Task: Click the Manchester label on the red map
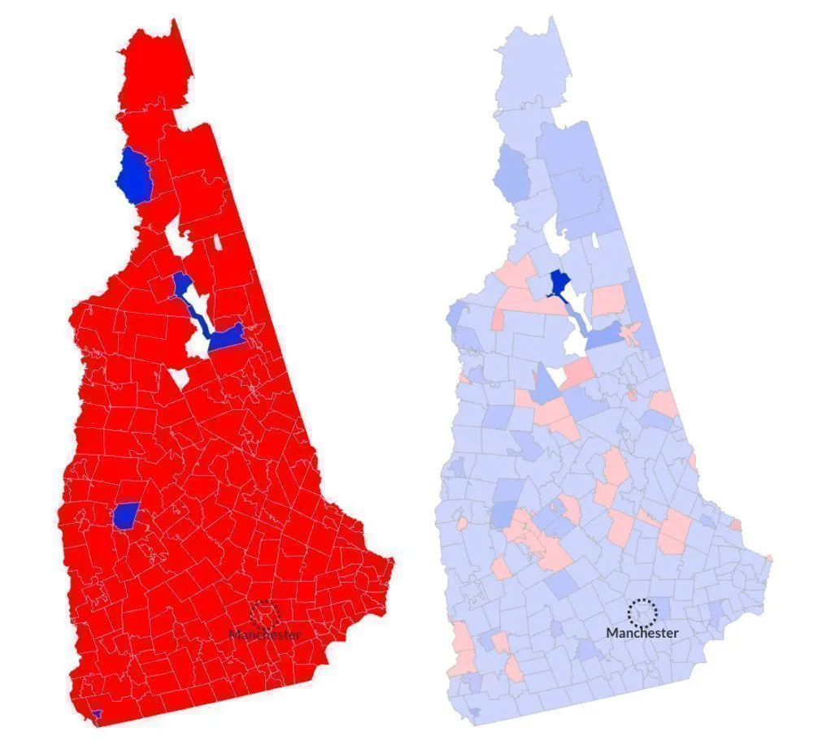[x=264, y=634]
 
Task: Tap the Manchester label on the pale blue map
[x=642, y=632]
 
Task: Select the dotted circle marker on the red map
[x=265, y=614]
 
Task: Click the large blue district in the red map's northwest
[x=135, y=176]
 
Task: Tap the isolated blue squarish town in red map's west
[x=126, y=514]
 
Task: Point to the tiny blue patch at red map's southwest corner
[x=98, y=713]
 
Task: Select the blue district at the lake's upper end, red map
[x=182, y=286]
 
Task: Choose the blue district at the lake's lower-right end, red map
[x=228, y=337]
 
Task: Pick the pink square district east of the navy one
[x=610, y=301]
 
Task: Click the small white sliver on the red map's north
[x=218, y=241]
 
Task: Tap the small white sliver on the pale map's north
[x=596, y=240]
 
